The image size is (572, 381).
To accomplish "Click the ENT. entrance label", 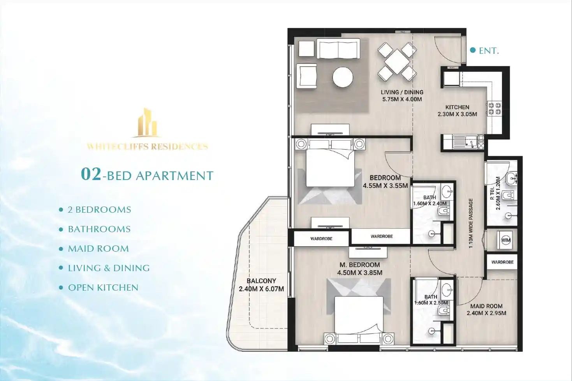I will pos(489,51).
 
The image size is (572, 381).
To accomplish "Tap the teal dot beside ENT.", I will pos(473,50).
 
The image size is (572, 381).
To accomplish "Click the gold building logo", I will pos(147,123).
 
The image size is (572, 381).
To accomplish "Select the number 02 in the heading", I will pos(91,174).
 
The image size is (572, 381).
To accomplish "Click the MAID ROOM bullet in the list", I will pos(98,249).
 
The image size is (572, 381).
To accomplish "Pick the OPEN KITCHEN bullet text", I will pos(103,288).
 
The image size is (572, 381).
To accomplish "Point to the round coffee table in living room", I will pos(343,77).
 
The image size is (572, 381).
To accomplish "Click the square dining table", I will pos(397,62).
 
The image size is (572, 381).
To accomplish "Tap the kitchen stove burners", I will pos(495,109).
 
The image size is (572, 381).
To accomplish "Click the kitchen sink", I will pos(466,141).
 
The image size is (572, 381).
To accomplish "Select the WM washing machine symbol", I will pos(506,240).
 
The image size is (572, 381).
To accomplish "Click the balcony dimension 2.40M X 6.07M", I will pos(261,289).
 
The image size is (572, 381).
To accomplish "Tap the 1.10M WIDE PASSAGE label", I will pos(471,223).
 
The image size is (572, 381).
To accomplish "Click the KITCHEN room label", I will pos(457,107).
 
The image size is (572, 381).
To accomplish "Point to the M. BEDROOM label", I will pos(359,265).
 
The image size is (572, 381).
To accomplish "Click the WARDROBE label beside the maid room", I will pos(502,262).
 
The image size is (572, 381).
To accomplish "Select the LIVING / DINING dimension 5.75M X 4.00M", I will pos(402,99).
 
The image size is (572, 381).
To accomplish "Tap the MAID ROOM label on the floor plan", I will pos(486,306).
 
